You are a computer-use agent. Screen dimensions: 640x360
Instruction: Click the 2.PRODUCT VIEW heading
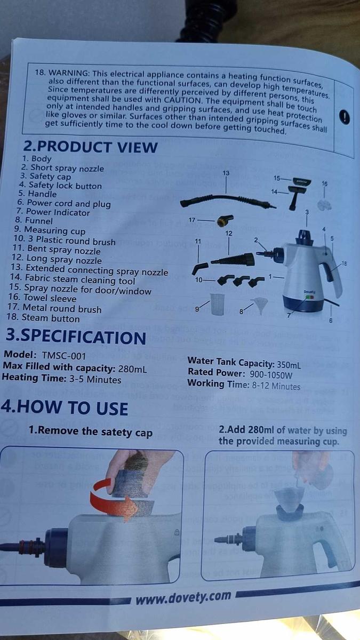pos(90,147)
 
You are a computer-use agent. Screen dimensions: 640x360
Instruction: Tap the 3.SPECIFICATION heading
pos(75,337)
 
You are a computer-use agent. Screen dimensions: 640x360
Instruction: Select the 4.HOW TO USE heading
pos(65,408)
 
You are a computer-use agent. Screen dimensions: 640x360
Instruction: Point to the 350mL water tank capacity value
pos(289,365)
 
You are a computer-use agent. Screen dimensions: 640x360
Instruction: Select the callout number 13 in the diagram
pos(226,173)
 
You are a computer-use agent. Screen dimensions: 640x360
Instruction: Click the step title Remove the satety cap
pos(91,432)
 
